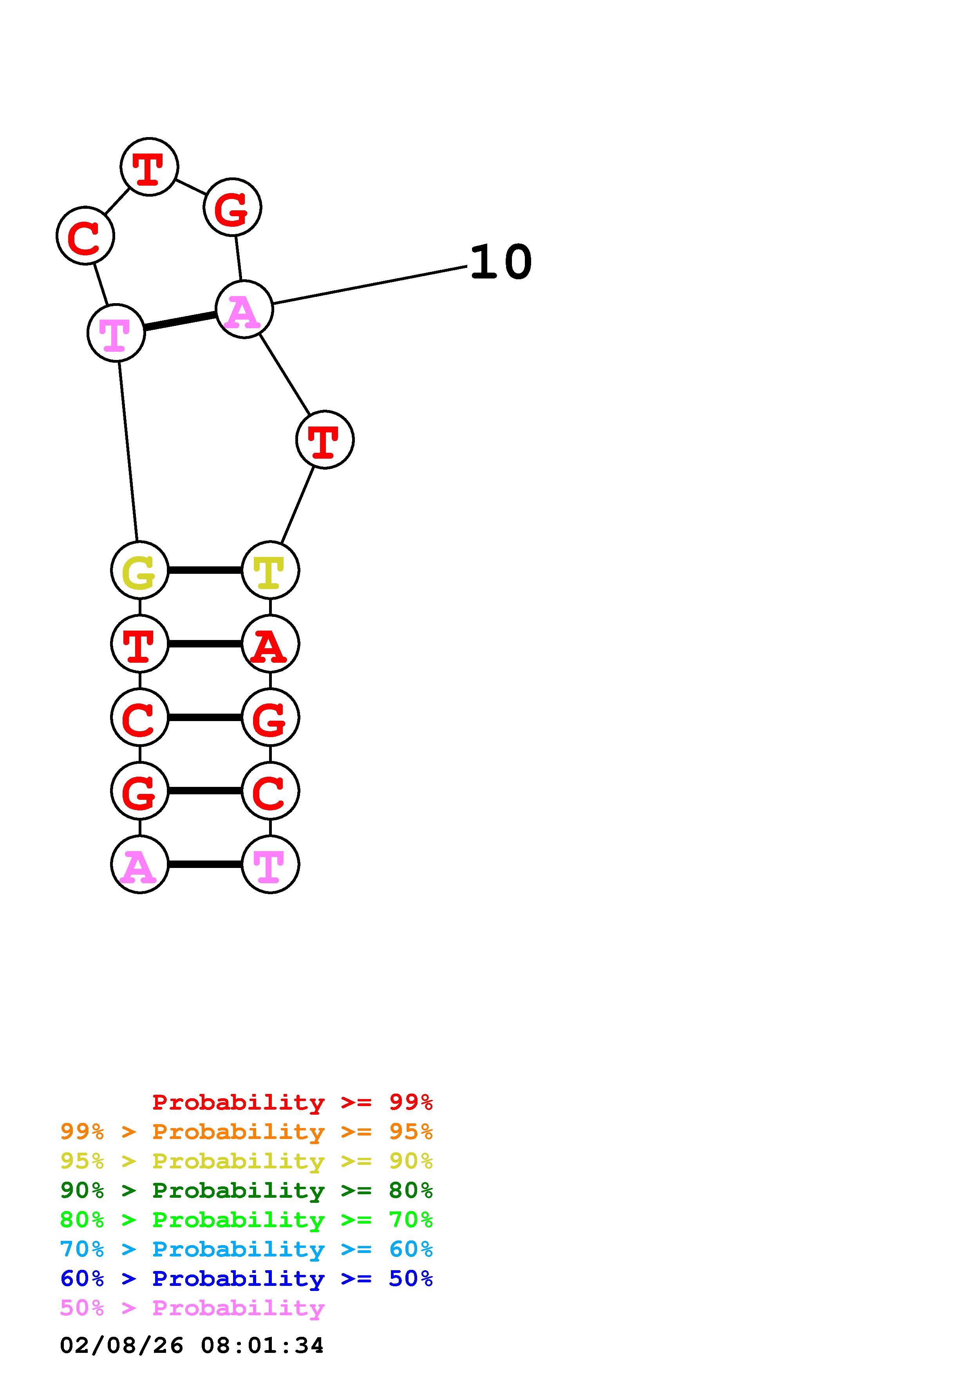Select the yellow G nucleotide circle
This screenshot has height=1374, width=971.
139,570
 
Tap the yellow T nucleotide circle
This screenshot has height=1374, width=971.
270,570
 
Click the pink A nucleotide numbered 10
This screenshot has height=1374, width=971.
244,309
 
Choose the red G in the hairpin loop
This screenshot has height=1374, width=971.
232,207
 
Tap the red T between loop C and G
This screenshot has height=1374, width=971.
149,166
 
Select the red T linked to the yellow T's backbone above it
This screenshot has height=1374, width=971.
324,440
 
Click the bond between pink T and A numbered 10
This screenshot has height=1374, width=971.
179,321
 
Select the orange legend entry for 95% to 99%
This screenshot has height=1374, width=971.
246,1132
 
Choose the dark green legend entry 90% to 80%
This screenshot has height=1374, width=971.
246,1190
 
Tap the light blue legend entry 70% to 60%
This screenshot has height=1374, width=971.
246,1249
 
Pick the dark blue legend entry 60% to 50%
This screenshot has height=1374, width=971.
246,1278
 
